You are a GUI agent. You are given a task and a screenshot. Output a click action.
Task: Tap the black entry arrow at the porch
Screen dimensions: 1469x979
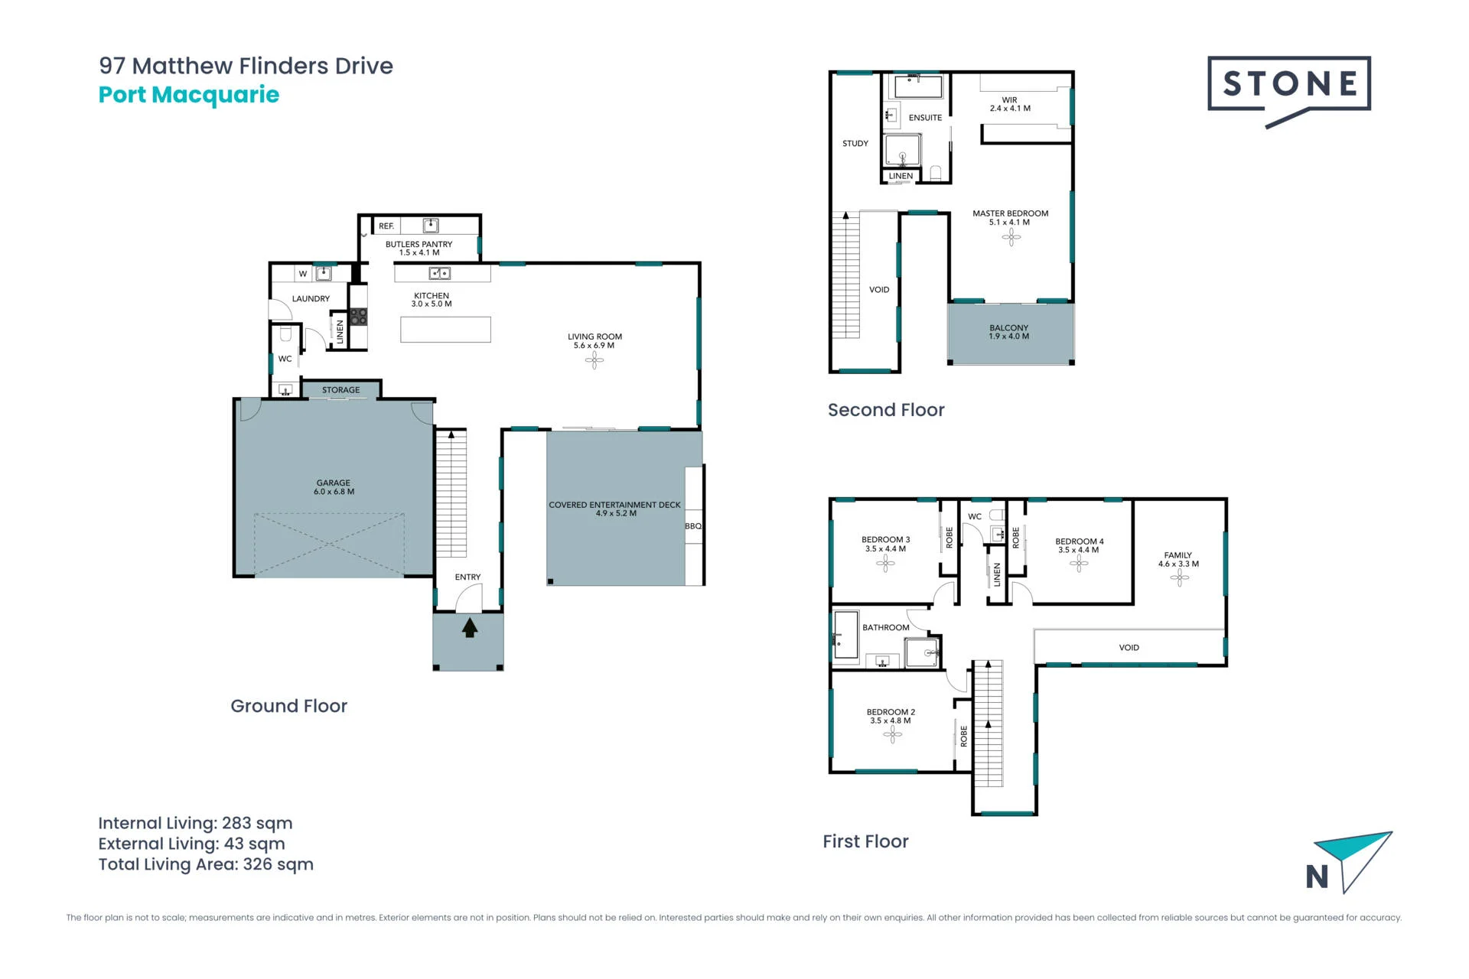click(470, 628)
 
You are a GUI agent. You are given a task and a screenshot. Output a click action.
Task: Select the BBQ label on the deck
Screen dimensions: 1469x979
click(693, 526)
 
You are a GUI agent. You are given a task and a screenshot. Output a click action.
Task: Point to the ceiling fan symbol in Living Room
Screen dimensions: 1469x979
click(594, 360)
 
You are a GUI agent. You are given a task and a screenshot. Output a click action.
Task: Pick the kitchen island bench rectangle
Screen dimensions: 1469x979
click(445, 330)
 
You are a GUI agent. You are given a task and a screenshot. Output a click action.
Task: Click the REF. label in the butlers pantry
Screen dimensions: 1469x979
click(386, 226)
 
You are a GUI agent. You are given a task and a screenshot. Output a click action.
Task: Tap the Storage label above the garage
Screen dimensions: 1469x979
click(340, 390)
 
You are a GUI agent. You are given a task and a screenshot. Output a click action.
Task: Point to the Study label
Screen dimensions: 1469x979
click(855, 144)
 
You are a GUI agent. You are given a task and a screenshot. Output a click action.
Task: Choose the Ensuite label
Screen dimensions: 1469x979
click(925, 118)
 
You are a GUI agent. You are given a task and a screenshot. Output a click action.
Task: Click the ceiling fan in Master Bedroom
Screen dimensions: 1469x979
click(1011, 239)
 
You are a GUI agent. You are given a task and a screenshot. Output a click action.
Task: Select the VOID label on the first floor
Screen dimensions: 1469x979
click(1129, 648)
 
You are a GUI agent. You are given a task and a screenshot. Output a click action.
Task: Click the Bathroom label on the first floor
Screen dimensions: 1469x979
click(886, 628)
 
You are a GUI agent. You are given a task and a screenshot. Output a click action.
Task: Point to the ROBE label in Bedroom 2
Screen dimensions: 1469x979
click(964, 736)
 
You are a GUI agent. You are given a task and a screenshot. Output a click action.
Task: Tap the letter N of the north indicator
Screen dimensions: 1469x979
click(1317, 877)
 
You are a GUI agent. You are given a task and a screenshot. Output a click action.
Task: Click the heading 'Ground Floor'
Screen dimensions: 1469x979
click(289, 706)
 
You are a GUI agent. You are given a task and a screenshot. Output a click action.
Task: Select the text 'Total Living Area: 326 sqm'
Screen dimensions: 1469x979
click(206, 864)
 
